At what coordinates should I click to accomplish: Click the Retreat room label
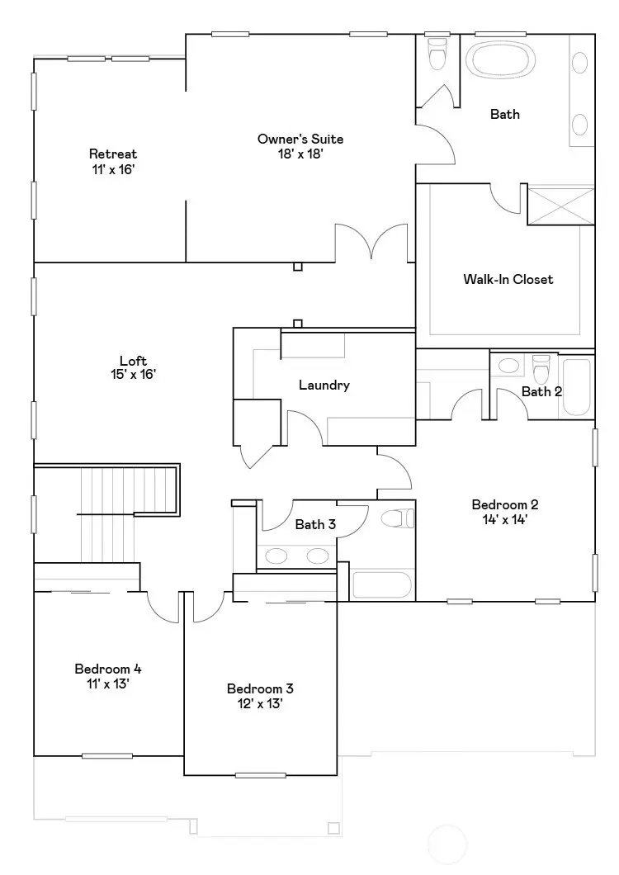coord(113,154)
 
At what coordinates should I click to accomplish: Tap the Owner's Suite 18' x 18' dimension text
coord(300,154)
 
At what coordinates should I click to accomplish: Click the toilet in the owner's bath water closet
coord(437,54)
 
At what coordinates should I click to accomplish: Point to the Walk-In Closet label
coord(508,279)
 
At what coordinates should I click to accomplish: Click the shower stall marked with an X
coord(560,204)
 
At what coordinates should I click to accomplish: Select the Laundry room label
coord(324,385)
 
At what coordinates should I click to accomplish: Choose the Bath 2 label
coord(541,391)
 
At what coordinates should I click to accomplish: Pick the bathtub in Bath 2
coord(577,385)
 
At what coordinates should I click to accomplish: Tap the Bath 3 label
coord(315,524)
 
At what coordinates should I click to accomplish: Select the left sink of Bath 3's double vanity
coord(278,556)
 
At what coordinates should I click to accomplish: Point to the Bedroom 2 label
coord(505,504)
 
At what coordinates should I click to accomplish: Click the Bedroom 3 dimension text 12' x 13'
coord(260,703)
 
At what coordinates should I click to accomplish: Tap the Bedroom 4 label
coord(102,669)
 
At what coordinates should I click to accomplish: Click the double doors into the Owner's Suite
coord(370,243)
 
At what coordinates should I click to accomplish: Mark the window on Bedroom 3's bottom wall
coord(260,775)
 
